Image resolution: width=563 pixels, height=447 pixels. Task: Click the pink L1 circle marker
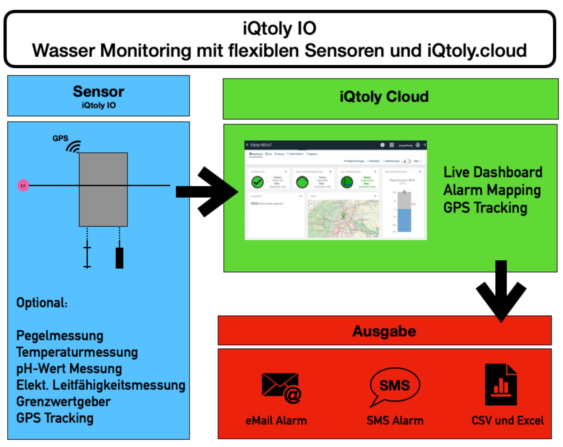[23, 186]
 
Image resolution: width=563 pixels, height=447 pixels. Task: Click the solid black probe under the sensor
[119, 257]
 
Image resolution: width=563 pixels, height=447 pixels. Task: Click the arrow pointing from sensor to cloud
[207, 192]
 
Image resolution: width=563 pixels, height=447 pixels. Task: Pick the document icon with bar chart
[501, 385]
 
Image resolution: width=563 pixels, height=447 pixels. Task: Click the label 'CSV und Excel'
[507, 420]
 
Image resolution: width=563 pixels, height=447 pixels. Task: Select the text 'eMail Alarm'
[276, 421]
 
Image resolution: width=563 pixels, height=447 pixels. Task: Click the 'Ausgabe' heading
[384, 331]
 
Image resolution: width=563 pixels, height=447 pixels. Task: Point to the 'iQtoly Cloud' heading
[384, 97]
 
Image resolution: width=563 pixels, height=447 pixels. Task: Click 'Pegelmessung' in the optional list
[60, 336]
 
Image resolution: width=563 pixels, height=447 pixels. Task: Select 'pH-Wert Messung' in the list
[69, 369]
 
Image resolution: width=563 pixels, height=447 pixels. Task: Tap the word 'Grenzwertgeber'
[63, 402]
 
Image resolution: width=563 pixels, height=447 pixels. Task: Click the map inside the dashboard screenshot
[343, 218]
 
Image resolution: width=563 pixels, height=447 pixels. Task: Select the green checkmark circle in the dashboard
[257, 182]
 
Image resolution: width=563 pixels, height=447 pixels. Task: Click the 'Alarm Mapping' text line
[492, 190]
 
